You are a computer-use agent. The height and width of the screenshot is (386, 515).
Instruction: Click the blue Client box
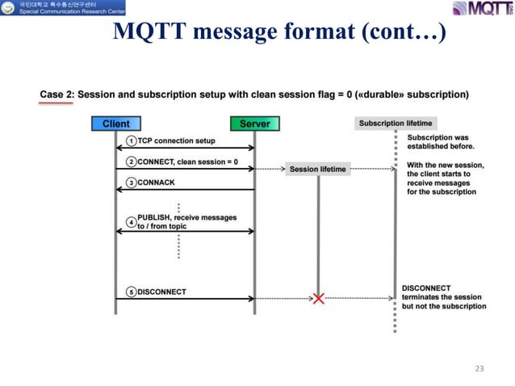115,124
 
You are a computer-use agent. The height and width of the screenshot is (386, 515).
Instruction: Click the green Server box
254,124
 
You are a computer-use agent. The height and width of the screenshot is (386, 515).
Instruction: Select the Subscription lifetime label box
396,124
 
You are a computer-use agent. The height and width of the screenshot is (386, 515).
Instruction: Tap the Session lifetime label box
318,169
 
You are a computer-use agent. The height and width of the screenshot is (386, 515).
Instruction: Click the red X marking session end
318,299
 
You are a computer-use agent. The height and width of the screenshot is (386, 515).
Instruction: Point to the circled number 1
131,141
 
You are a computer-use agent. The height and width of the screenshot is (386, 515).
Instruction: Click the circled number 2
131,162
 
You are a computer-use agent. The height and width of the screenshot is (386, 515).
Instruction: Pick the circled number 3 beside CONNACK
131,183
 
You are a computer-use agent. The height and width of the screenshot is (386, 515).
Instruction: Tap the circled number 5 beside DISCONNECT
131,292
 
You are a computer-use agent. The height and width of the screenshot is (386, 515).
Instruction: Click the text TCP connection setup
176,141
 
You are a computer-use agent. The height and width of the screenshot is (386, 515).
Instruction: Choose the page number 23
479,368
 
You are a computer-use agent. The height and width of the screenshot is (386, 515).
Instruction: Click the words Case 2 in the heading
57,94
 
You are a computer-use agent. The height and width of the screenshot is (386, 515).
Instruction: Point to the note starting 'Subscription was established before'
441,142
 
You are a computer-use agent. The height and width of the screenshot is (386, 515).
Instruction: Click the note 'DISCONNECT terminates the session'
443,297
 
